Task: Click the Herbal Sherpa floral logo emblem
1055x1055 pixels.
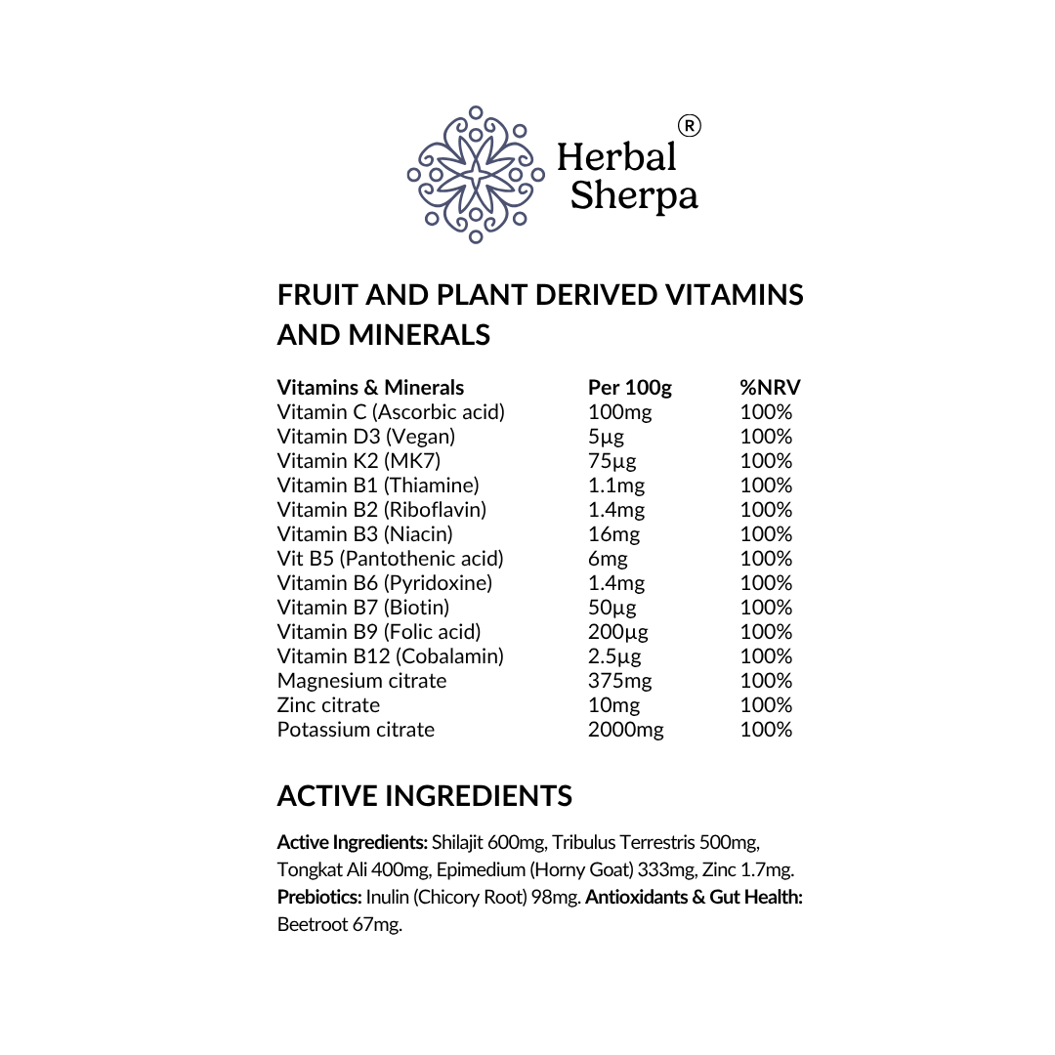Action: pyautogui.click(x=476, y=175)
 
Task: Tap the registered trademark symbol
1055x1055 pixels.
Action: pyautogui.click(x=689, y=126)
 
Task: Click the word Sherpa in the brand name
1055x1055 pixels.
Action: pyautogui.click(x=634, y=195)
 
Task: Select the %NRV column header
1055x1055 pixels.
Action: pyautogui.click(x=770, y=388)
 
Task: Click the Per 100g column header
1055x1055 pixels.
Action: pyautogui.click(x=629, y=388)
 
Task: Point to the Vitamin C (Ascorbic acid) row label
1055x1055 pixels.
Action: pyautogui.click(x=391, y=412)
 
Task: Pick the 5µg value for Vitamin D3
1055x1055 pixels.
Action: pyautogui.click(x=606, y=437)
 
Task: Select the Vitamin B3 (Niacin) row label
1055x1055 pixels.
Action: pyautogui.click(x=364, y=534)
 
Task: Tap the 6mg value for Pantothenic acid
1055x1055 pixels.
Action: pyautogui.click(x=608, y=559)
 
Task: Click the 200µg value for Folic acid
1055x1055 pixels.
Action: pyautogui.click(x=617, y=632)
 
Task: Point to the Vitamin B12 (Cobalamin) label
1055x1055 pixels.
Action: pyautogui.click(x=390, y=656)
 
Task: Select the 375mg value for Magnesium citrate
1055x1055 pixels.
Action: pyautogui.click(x=619, y=681)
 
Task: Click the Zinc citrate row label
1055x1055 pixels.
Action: pyautogui.click(x=328, y=705)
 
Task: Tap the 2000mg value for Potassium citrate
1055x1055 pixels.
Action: pyautogui.click(x=625, y=730)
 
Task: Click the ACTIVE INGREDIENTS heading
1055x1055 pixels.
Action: pyautogui.click(x=424, y=796)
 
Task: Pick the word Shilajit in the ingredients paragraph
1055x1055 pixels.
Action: pyautogui.click(x=457, y=842)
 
